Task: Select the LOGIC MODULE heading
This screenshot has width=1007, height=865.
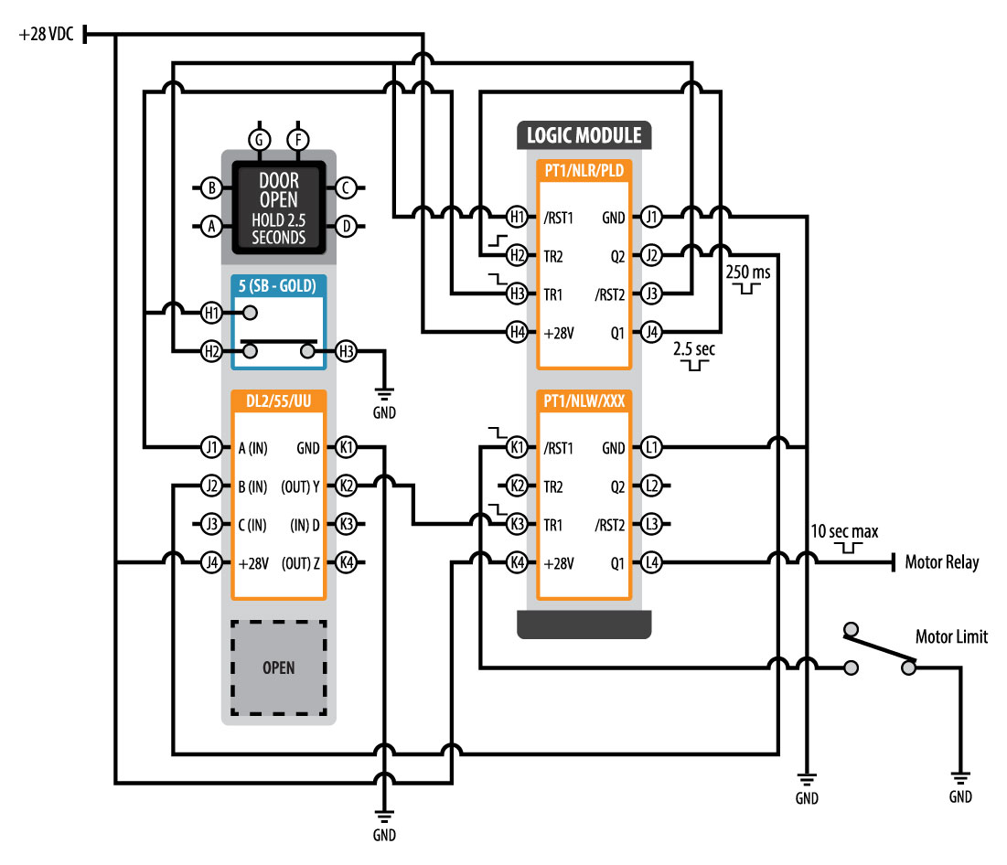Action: click(584, 136)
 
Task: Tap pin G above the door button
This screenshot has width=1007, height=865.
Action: click(260, 140)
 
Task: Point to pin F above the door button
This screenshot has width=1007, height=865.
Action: click(297, 140)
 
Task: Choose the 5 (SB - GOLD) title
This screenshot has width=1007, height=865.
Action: click(277, 285)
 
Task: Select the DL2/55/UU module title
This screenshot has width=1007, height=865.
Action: click(278, 400)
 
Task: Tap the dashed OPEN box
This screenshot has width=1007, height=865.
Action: click(278, 667)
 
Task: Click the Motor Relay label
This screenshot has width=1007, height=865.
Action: click(941, 562)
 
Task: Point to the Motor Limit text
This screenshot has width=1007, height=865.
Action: click(951, 637)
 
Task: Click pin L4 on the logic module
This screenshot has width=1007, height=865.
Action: click(650, 562)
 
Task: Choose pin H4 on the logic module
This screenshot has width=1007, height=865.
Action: click(518, 333)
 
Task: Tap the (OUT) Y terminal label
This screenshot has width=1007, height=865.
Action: click(300, 486)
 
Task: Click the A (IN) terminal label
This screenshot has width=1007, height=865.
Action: click(252, 448)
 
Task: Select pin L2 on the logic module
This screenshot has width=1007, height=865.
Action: click(650, 486)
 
